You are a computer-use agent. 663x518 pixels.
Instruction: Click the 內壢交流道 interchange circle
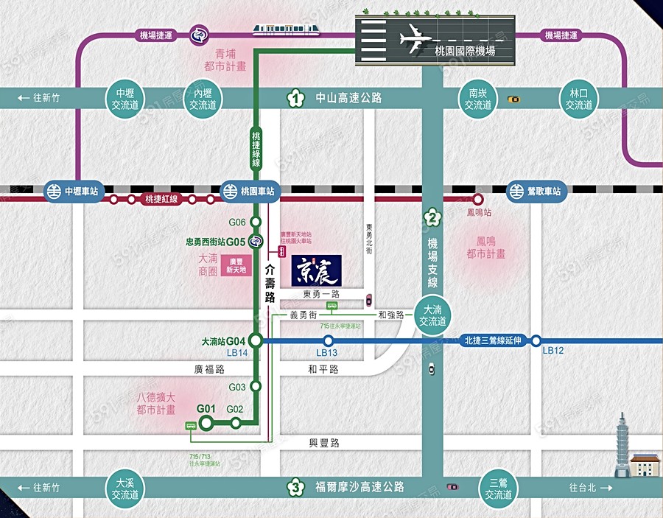coord(203,99)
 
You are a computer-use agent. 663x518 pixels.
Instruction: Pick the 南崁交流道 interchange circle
coord(478,99)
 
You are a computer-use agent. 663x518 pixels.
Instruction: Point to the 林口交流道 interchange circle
coord(579,99)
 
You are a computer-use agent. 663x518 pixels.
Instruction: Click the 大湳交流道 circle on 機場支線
coord(433,315)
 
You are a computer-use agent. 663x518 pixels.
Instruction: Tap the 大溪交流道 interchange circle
coord(125,488)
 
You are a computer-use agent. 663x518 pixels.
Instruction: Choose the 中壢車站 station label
coord(71,191)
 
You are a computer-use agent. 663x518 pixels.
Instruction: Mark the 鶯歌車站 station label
coord(536,191)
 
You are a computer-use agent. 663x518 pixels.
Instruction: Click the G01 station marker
coord(206,422)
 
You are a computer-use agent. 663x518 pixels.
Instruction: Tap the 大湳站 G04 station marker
coord(255,340)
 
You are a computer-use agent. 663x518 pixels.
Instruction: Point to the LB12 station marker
coord(536,340)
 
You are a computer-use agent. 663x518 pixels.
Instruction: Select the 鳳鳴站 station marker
coord(477,199)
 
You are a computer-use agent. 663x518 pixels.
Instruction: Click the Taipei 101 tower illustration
coord(622,442)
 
